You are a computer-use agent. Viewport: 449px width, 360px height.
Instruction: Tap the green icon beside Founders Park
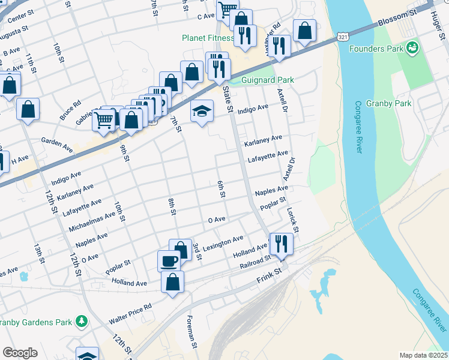tap(412, 47)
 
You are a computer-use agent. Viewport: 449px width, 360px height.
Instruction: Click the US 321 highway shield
tap(342, 38)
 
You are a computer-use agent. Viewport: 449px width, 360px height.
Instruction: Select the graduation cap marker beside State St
tap(202, 110)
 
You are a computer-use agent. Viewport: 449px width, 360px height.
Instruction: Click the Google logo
tap(20, 352)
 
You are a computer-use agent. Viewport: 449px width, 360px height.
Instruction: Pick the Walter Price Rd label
tap(130, 314)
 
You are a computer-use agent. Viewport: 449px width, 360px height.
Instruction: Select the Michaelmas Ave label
tap(92, 222)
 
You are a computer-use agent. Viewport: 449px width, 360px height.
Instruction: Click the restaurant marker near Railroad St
tap(280, 243)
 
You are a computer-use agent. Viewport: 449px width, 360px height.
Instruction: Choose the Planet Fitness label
tap(208, 38)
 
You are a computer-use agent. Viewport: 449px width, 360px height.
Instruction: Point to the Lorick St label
tap(292, 221)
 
